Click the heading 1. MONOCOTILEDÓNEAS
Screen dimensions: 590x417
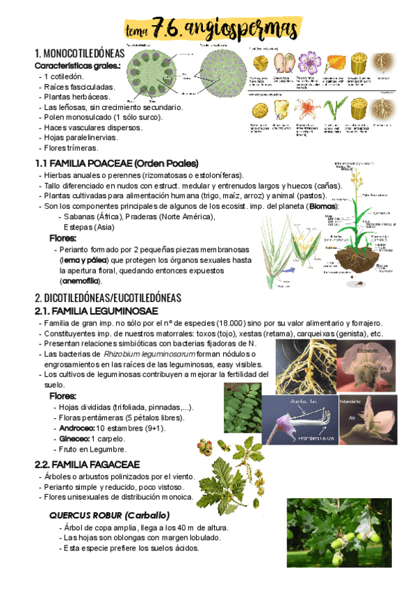79,54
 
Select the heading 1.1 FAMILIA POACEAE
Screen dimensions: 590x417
117,163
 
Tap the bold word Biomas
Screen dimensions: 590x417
323,207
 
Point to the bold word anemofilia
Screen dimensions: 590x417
80,281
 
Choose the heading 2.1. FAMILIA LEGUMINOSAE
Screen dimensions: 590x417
96,310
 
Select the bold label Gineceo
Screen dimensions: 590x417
75,439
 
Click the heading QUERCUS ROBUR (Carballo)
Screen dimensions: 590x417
109,515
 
